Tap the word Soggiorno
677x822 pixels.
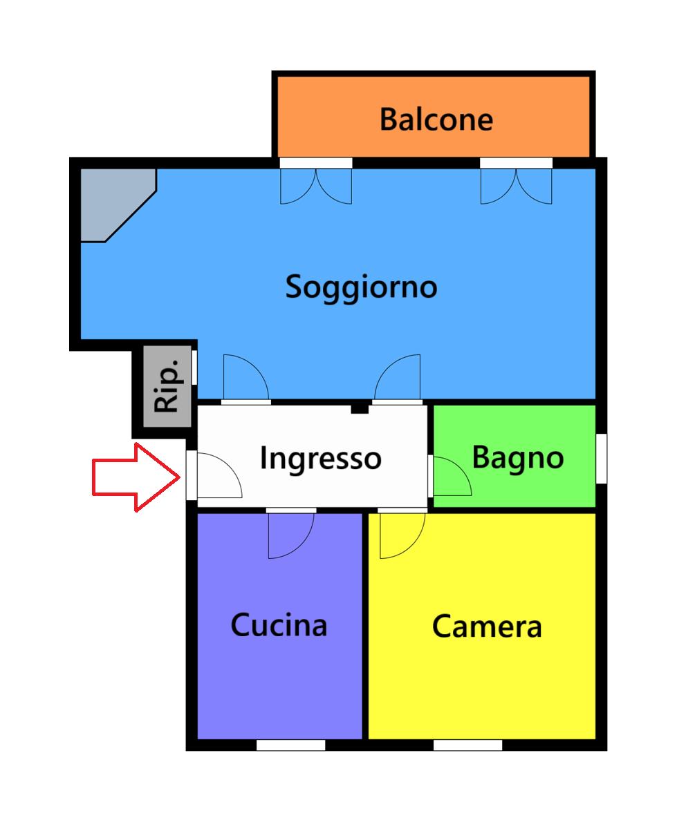click(x=361, y=287)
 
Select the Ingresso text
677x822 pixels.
click(x=321, y=459)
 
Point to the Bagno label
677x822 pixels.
click(x=518, y=458)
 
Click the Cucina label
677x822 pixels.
click(x=279, y=625)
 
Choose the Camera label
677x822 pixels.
click(x=487, y=626)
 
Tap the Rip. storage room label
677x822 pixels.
click(x=167, y=386)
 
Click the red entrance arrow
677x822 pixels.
click(x=136, y=477)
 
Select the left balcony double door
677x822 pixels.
click(x=316, y=182)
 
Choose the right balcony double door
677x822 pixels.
click(x=517, y=182)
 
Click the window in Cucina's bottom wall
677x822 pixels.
click(x=290, y=745)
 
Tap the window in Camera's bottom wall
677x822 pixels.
click(x=467, y=745)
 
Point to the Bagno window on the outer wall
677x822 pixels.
click(x=602, y=459)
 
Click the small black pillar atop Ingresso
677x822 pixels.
click(x=360, y=408)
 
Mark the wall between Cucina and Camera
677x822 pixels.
click(x=365, y=626)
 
